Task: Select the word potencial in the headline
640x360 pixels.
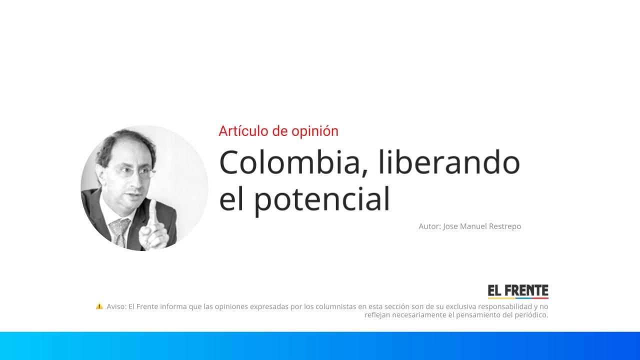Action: [x=322, y=199]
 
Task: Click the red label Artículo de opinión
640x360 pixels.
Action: [x=278, y=131]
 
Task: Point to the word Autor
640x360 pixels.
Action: [x=429, y=226]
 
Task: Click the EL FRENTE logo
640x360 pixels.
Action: [x=518, y=291]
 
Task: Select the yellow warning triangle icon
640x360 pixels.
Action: [x=99, y=306]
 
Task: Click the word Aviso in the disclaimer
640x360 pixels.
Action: [x=116, y=306]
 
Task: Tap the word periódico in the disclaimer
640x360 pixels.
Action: [x=531, y=315]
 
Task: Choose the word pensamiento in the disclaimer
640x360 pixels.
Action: [x=481, y=315]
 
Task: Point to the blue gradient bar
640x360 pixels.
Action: [x=320, y=345]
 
